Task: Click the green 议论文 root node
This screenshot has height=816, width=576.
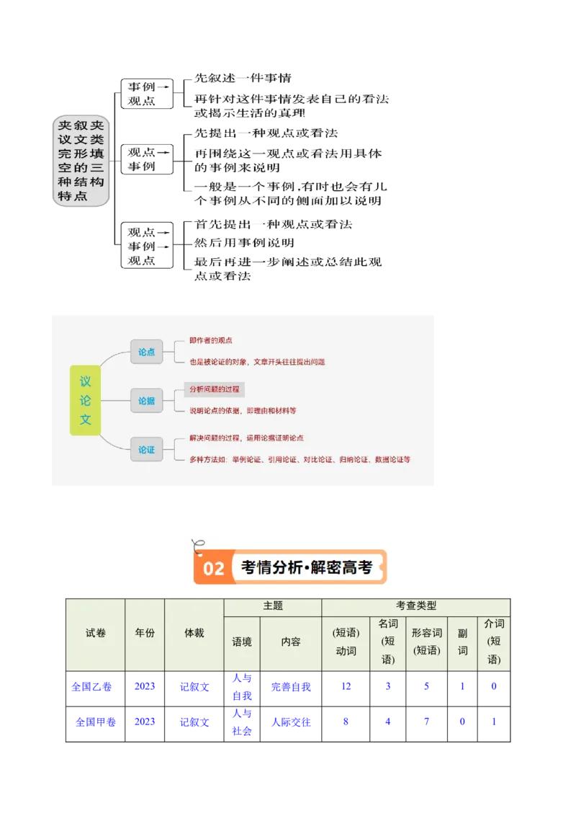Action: pos(85,400)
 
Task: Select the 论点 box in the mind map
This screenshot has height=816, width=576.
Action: pos(147,352)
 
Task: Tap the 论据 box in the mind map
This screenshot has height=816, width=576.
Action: pos(147,401)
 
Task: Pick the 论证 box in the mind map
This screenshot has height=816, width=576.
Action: pos(147,449)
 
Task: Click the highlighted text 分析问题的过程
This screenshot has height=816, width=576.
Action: pos(214,389)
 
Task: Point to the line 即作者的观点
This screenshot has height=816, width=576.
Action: pos(210,340)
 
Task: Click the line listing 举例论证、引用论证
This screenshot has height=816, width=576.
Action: pos(300,459)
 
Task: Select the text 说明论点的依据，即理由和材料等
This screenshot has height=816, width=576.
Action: pos(243,411)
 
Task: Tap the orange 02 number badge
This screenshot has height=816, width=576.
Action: pos(213,569)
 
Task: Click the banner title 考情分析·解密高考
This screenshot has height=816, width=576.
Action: pos(306,568)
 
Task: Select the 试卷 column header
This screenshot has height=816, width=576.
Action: pos(95,633)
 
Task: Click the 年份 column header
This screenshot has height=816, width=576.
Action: pos(145,633)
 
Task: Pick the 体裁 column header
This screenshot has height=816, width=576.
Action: pos(194,633)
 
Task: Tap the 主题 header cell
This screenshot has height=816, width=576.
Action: pos(273,606)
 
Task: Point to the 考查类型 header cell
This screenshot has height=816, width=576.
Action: pos(416,606)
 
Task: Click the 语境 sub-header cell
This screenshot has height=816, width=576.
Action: pos(242,642)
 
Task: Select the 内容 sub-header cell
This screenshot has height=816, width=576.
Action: pos(291,642)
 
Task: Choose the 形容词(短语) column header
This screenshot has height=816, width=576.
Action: pos(426,641)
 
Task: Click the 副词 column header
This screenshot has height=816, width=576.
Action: pos(463,641)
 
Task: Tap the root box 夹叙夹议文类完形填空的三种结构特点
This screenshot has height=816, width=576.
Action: pos(81,161)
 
